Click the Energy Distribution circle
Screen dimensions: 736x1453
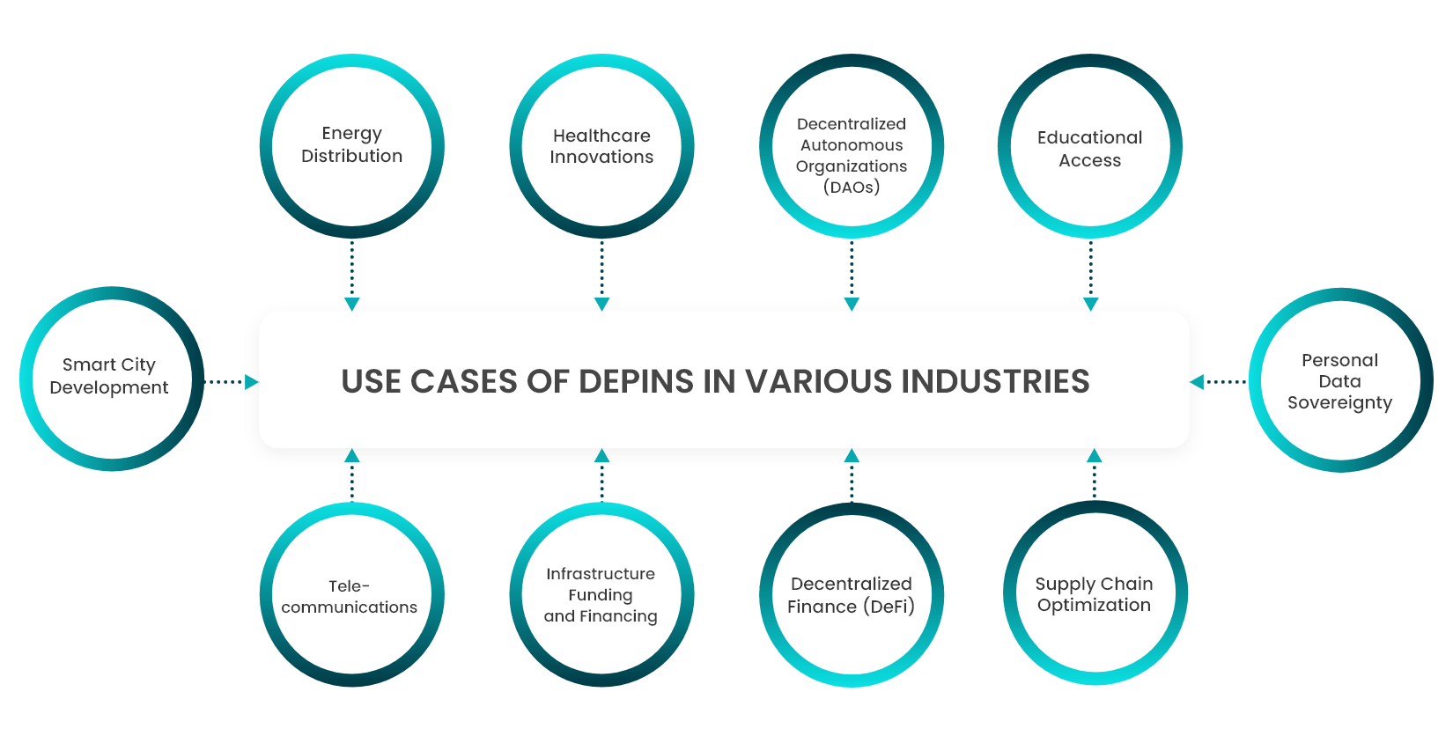pyautogui.click(x=351, y=145)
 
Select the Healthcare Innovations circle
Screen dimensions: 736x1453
pyautogui.click(x=601, y=146)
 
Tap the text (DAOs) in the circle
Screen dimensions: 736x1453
pyautogui.click(x=852, y=187)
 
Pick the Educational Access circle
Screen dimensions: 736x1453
pyautogui.click(x=1090, y=148)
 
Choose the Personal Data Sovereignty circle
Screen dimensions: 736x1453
pyautogui.click(x=1340, y=380)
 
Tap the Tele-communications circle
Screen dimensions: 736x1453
pyautogui.click(x=350, y=595)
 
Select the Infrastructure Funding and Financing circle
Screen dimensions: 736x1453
pyautogui.click(x=601, y=595)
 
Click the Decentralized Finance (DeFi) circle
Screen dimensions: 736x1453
pyautogui.click(x=852, y=595)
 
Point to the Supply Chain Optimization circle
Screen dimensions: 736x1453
pyautogui.click(x=1095, y=594)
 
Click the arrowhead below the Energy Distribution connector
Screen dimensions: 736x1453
pyautogui.click(x=351, y=305)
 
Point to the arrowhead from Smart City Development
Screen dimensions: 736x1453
pyautogui.click(x=252, y=382)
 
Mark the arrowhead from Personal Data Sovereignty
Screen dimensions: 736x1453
pyautogui.click(x=1197, y=382)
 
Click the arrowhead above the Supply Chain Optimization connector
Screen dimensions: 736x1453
pyautogui.click(x=1095, y=456)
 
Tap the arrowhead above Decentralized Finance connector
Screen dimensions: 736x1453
pyautogui.click(x=852, y=456)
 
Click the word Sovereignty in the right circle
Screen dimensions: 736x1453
pyautogui.click(x=1339, y=403)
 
